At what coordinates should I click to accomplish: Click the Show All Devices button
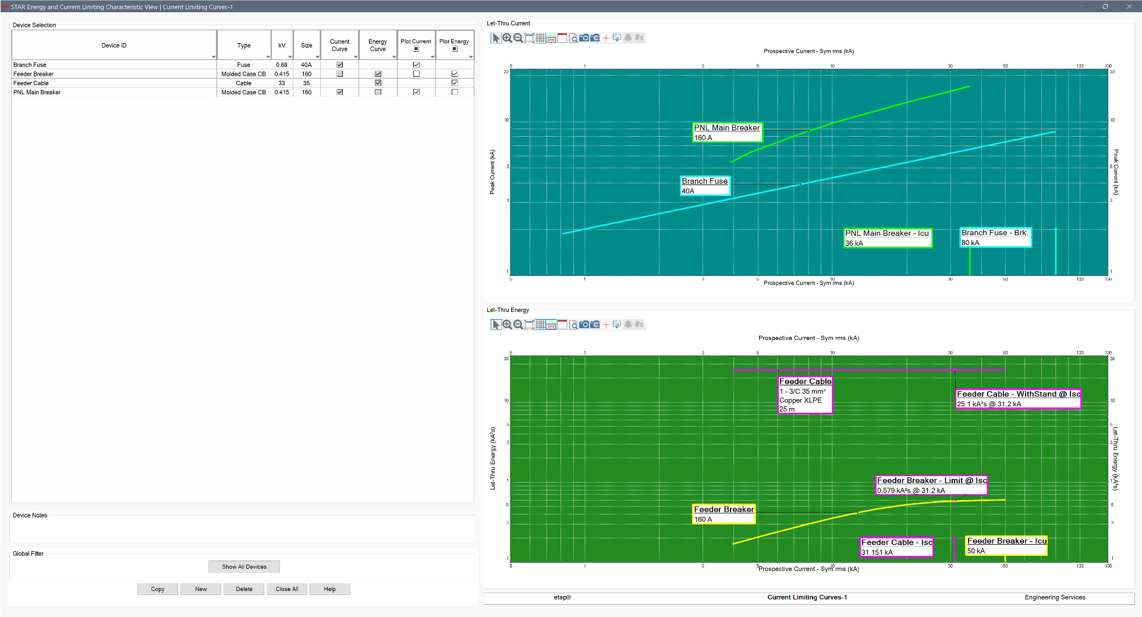coord(244,566)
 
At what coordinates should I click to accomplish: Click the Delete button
coord(244,589)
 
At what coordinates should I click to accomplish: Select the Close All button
coord(287,589)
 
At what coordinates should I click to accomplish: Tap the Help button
coord(329,589)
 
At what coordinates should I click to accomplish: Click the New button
coord(201,589)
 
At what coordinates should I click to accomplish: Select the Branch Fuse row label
coord(30,65)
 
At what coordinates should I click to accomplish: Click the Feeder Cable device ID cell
coord(31,83)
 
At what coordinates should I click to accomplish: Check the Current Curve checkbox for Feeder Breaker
coord(340,74)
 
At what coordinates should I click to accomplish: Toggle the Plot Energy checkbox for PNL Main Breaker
coord(455,92)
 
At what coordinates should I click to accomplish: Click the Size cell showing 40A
coord(306,65)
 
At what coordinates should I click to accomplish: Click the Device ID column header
coord(114,45)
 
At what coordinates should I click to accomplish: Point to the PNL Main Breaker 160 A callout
coord(727,133)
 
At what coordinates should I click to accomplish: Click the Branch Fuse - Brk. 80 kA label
coord(995,237)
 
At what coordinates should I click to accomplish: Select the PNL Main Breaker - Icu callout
coord(888,238)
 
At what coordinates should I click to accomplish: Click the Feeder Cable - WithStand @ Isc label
coord(1019,399)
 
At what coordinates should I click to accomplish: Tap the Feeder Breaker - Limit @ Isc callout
coord(931,485)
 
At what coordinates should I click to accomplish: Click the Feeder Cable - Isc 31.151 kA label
coord(896,547)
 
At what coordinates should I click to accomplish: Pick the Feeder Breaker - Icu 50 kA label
coord(1006,546)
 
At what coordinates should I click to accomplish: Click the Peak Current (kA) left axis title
coord(492,172)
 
